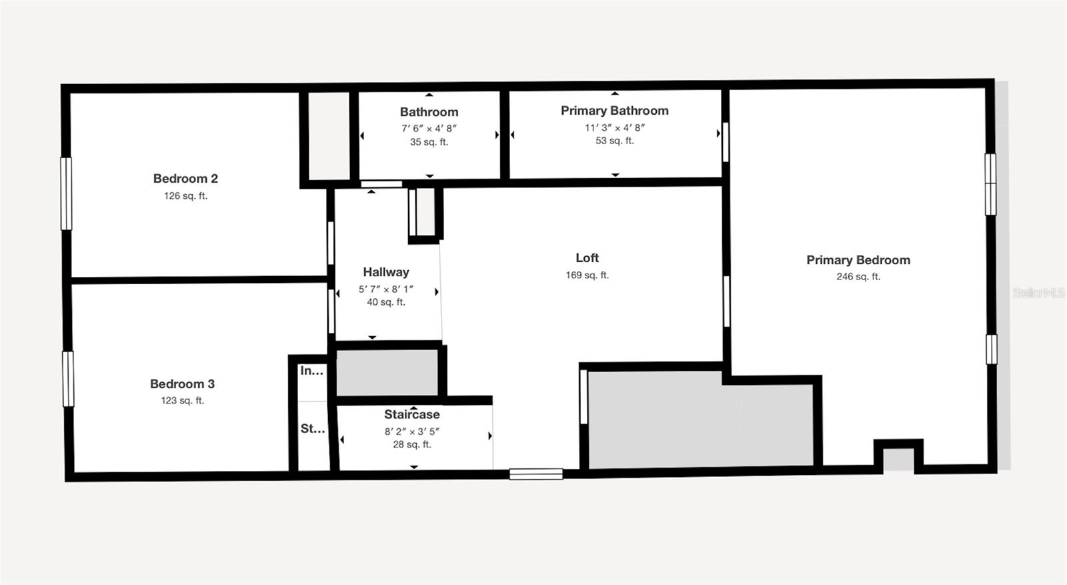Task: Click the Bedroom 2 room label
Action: click(x=185, y=179)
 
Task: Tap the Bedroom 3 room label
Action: click(x=182, y=384)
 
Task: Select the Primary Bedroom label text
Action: click(x=858, y=260)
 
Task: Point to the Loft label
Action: click(x=587, y=257)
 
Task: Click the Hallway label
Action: click(x=385, y=272)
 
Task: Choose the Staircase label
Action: click(x=411, y=414)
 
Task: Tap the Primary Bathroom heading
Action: click(x=614, y=111)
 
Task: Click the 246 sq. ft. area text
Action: click(x=858, y=277)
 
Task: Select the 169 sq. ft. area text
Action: click(x=587, y=275)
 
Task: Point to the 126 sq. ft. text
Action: click(x=185, y=196)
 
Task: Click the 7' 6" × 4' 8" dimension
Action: click(x=429, y=128)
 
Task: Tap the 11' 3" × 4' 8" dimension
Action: click(x=614, y=127)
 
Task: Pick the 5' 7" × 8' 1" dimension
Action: click(x=385, y=289)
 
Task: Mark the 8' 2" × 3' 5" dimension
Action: click(x=411, y=432)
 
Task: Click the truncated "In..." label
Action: click(x=311, y=371)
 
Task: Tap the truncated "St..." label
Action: click(x=312, y=429)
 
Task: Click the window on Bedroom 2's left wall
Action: click(x=66, y=193)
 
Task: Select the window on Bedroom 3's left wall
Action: click(x=68, y=378)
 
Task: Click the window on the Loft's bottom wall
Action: click(x=536, y=474)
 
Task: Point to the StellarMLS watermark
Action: click(x=1038, y=293)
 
